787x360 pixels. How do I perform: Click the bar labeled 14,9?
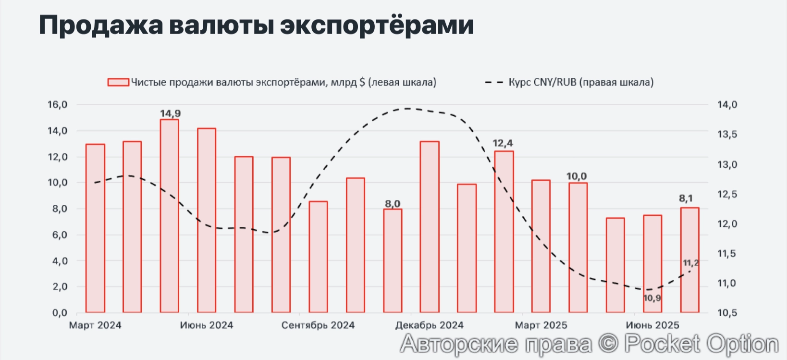169,216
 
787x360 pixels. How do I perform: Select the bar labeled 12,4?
504,232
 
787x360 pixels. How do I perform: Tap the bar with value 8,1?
689,260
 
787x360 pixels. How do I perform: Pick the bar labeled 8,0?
392,261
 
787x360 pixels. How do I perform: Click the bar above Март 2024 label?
95,228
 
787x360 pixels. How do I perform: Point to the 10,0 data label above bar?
577,176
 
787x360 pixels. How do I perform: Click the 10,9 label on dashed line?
652,298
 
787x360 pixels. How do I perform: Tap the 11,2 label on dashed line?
690,263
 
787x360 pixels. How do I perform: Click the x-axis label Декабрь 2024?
429,325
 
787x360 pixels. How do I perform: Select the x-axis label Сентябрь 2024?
318,325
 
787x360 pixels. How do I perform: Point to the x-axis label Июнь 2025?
652,325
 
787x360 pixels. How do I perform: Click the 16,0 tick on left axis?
57,105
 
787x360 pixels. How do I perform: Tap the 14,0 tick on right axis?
727,105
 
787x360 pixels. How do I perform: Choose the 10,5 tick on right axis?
727,313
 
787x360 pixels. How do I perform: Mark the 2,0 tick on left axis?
59,287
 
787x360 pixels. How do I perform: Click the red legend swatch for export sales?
118,82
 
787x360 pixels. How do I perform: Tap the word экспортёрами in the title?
377,25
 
